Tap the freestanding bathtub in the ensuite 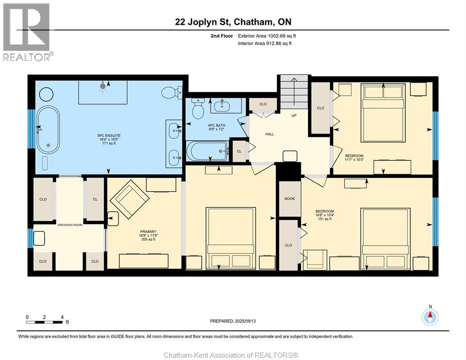point(48,130)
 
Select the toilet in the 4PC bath point(198,108)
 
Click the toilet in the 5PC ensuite point(172,92)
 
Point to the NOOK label point(289,199)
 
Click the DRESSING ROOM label point(70,225)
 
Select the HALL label point(270,134)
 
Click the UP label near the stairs point(294,115)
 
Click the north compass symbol point(430,317)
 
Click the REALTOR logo point(27,32)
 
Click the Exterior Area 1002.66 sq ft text point(267,36)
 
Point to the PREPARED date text point(233,321)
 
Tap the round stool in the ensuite point(46,95)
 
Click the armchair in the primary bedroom point(129,199)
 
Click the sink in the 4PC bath point(221,106)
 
